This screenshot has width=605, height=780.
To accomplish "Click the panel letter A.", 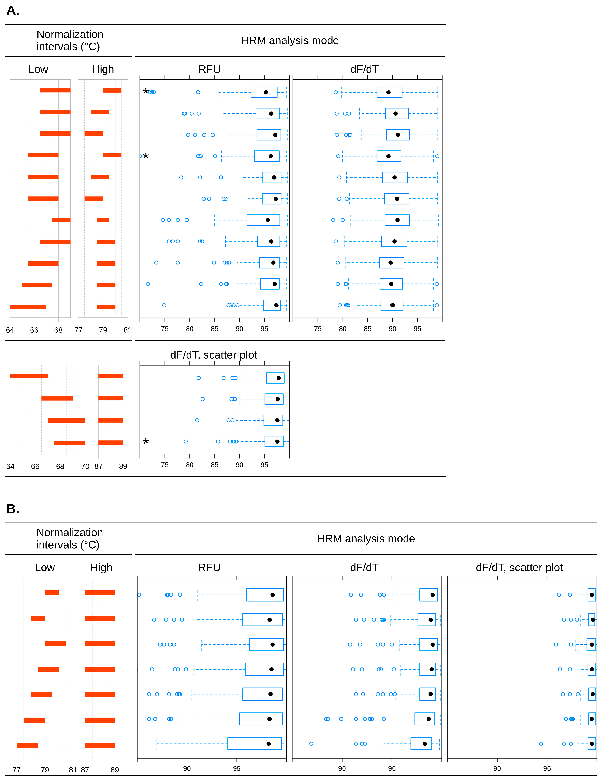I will pyautogui.click(x=12, y=11).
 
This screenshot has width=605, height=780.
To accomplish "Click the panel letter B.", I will pyautogui.click(x=12, y=509).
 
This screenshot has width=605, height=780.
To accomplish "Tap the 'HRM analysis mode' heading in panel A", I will pyautogui.click(x=290, y=40).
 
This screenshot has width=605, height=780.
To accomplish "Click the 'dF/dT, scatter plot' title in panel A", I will pyautogui.click(x=213, y=355).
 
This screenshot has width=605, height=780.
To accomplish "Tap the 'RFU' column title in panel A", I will pyautogui.click(x=209, y=69).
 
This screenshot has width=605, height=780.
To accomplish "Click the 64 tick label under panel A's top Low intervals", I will pyautogui.click(x=10, y=330).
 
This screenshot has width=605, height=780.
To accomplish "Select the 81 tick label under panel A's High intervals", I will pyautogui.click(x=127, y=330).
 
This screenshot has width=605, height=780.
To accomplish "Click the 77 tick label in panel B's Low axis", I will pyautogui.click(x=17, y=770).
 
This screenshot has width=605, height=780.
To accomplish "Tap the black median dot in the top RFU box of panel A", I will pyautogui.click(x=266, y=92).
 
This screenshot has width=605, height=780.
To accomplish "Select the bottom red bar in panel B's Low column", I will pyautogui.click(x=27, y=745).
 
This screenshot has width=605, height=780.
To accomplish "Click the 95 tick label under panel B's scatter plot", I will pyautogui.click(x=547, y=768).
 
